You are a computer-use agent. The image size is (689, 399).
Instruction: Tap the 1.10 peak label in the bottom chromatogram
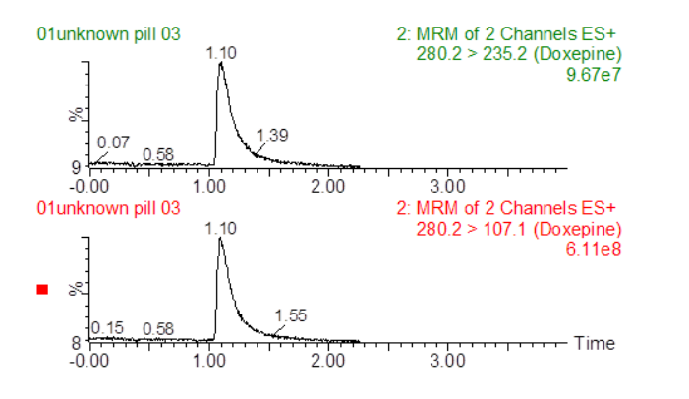pyautogui.click(x=221, y=228)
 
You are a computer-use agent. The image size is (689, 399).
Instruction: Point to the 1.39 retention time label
pyautogui.click(x=271, y=135)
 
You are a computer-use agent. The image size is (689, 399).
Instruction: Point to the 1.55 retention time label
pyautogui.click(x=292, y=314)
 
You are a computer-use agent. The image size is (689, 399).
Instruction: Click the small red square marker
pyautogui.click(x=42, y=289)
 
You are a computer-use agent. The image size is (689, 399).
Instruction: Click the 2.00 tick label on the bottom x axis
pyautogui.click(x=327, y=361)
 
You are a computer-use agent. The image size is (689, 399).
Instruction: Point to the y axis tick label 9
pyautogui.click(x=76, y=167)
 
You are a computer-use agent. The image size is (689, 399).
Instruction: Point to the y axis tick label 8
pyautogui.click(x=76, y=343)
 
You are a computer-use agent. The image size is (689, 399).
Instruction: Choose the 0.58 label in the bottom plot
pyautogui.click(x=158, y=328)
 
